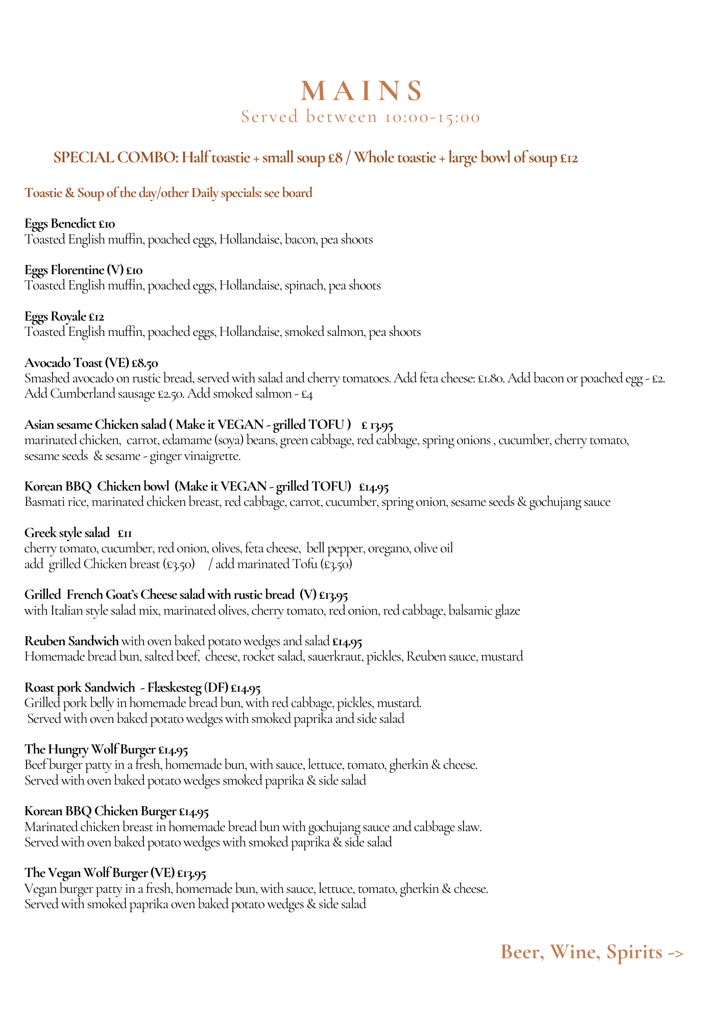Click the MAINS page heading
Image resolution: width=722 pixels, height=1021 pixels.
pyautogui.click(x=362, y=91)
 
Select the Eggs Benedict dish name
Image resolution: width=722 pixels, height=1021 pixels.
pyautogui.click(x=60, y=223)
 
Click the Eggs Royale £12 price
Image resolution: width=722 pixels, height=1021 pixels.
pyautogui.click(x=97, y=317)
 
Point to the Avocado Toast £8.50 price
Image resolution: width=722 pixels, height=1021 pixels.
pyautogui.click(x=145, y=363)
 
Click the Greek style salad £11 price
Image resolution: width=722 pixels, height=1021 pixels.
pyautogui.click(x=125, y=533)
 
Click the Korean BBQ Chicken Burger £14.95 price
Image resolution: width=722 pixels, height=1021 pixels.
pyautogui.click(x=194, y=811)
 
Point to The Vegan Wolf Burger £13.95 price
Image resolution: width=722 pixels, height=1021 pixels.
pyautogui.click(x=191, y=873)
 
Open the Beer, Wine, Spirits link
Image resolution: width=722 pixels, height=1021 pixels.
pyautogui.click(x=592, y=952)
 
